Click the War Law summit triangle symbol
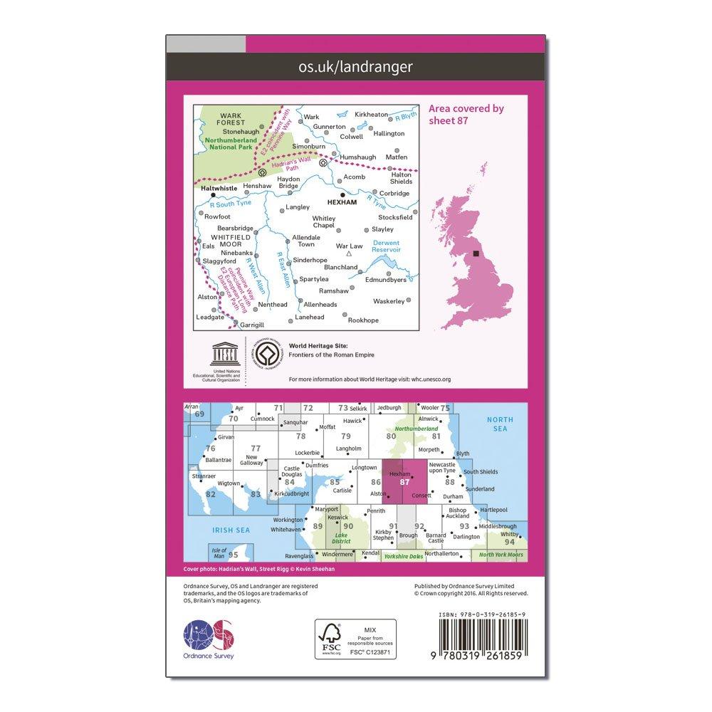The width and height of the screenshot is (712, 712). click(x=349, y=253)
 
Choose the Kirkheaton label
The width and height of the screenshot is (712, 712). click(x=372, y=114)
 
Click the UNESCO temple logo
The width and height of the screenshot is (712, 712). click(x=218, y=355)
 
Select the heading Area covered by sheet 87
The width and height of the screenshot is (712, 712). click(x=466, y=115)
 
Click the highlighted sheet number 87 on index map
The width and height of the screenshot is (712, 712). click(x=405, y=482)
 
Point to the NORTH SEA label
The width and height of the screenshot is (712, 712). click(x=500, y=424)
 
